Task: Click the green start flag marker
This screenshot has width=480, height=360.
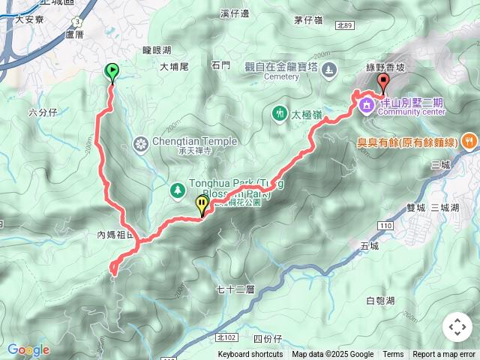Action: [x=112, y=72]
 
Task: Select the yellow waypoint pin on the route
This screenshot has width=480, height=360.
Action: [x=202, y=204]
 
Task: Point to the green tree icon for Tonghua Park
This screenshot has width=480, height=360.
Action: [x=178, y=190]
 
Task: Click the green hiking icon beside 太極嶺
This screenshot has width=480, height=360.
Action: [x=279, y=114]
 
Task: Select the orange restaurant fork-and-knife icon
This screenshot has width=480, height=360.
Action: [x=469, y=140]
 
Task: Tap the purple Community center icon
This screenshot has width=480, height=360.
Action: [x=367, y=104]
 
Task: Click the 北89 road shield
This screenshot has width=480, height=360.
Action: [x=345, y=25]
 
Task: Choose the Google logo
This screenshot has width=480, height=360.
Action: [x=28, y=349]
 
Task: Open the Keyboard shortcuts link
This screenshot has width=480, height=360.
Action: [x=250, y=355]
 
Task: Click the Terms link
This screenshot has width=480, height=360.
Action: [x=393, y=355]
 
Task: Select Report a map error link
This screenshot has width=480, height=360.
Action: [x=444, y=355]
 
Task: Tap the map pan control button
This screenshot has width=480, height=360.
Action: [x=457, y=327]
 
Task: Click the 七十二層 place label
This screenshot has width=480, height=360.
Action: [x=235, y=289]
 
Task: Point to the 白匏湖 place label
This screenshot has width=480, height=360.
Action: [x=379, y=301]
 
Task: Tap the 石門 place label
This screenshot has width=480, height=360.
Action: [x=220, y=66]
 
